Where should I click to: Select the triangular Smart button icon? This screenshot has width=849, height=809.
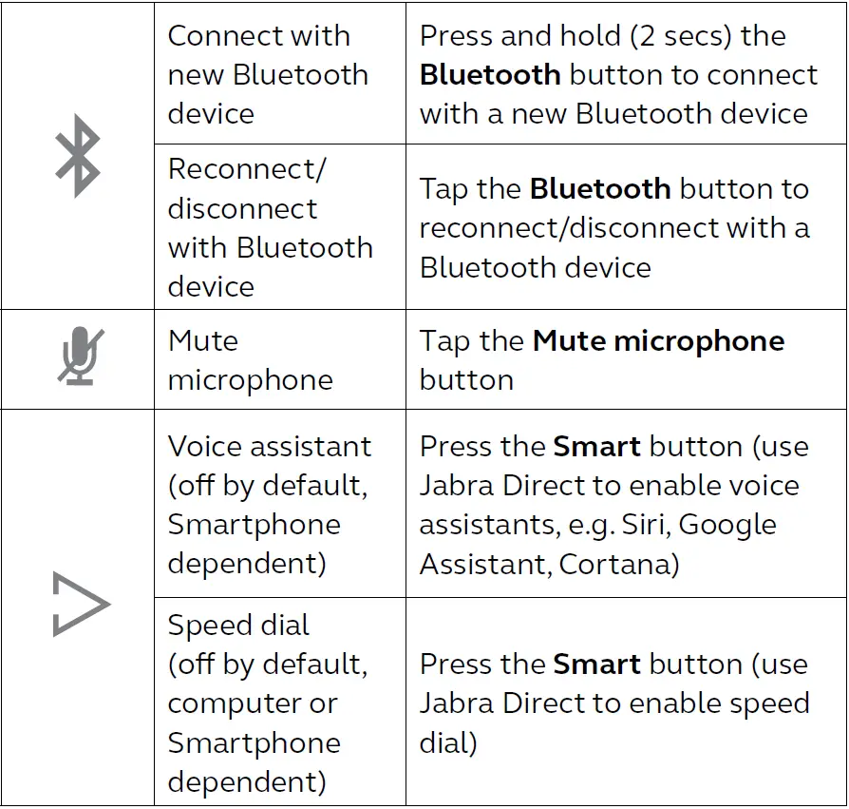pyautogui.click(x=81, y=605)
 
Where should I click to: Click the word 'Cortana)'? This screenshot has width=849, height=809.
pyautogui.click(x=619, y=564)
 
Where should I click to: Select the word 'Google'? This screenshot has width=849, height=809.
pyautogui.click(x=728, y=525)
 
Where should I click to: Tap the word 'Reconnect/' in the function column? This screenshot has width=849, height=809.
pyautogui.click(x=247, y=169)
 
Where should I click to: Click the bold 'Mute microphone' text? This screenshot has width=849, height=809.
pyautogui.click(x=658, y=341)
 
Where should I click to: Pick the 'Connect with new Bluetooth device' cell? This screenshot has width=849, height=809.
pyautogui.click(x=267, y=75)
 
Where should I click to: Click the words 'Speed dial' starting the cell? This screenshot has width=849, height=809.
pyautogui.click(x=238, y=626)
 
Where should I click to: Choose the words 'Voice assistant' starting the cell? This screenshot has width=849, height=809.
pyautogui.click(x=269, y=447)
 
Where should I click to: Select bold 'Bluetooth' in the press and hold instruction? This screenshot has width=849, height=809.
pyautogui.click(x=490, y=75)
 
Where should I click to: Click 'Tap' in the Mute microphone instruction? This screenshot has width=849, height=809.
pyautogui.click(x=444, y=341)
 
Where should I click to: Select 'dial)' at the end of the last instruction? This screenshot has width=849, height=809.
pyautogui.click(x=448, y=742)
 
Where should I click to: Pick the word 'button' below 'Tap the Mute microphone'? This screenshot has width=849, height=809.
pyautogui.click(x=466, y=380)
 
